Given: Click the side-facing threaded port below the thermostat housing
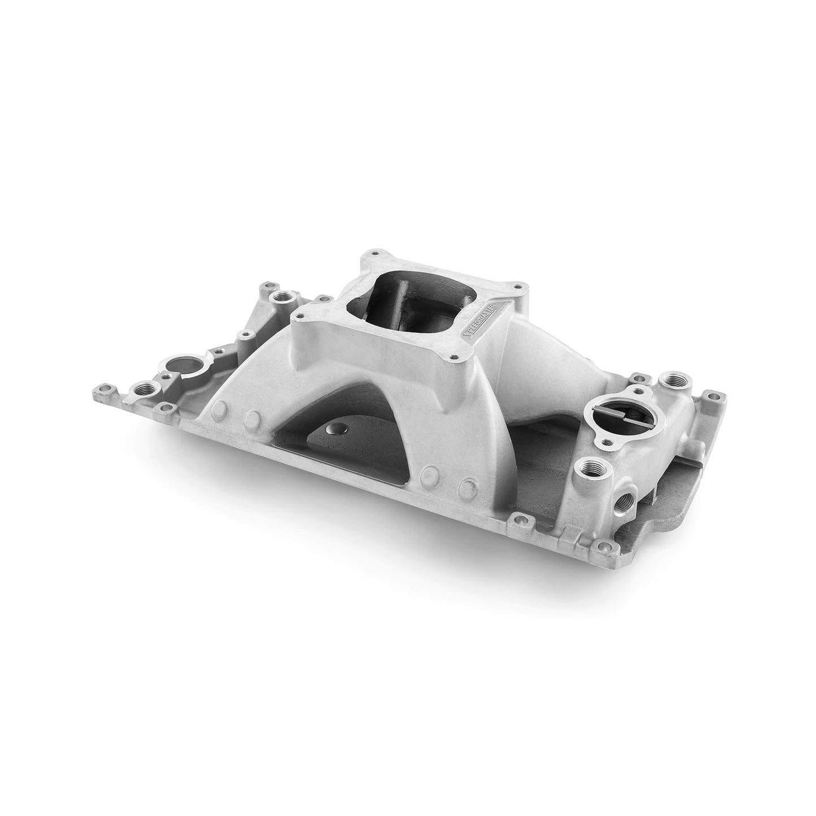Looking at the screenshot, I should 624,483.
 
